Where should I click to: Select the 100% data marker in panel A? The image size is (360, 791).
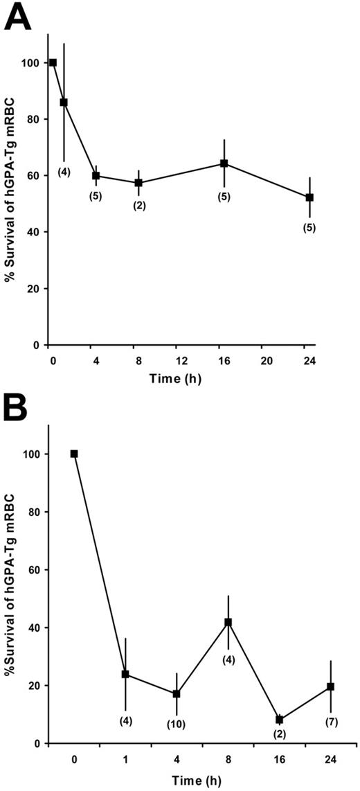[53, 62]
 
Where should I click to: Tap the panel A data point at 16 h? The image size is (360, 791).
[224, 163]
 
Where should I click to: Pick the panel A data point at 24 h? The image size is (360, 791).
[309, 197]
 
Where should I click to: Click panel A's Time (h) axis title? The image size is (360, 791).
[181, 378]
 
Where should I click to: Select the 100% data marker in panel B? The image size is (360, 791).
[74, 454]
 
